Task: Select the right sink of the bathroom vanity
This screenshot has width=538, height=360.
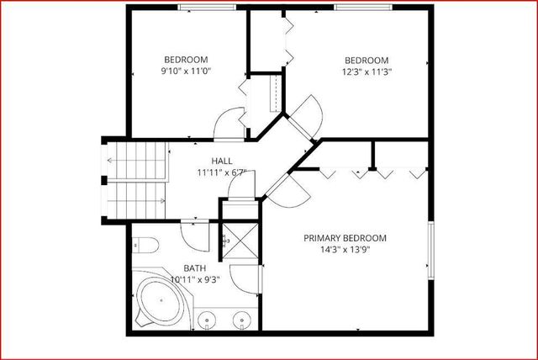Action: tap(241, 319)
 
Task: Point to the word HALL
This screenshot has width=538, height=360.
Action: tap(222, 161)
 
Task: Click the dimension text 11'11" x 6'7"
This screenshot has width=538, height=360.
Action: tap(222, 172)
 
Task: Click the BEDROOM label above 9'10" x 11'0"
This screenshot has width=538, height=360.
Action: tap(186, 60)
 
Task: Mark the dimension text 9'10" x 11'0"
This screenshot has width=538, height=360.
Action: tap(186, 71)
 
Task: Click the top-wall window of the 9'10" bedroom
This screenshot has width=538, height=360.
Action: tap(207, 8)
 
